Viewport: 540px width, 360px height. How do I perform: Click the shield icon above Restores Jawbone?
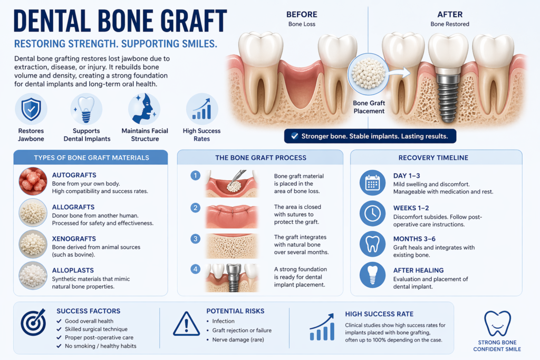[31, 109]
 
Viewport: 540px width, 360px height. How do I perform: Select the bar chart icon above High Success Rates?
[202, 109]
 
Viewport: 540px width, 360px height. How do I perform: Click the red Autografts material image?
[33, 181]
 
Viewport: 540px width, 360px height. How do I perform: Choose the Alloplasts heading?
[73, 270]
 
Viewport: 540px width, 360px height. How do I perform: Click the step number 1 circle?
[195, 176]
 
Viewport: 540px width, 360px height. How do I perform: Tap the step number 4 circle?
[195, 269]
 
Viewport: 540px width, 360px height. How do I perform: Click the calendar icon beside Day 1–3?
[373, 183]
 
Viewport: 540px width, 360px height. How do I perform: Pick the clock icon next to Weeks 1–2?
[373, 213]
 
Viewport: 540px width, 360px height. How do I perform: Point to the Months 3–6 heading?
[414, 239]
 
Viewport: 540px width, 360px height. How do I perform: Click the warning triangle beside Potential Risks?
[186, 324]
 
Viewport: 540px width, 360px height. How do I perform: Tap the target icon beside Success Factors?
[33, 322]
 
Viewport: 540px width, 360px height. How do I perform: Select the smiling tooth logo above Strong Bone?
[497, 323]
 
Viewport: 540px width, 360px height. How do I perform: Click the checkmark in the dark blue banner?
[294, 136]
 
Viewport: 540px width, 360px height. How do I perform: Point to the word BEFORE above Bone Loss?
[302, 14]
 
